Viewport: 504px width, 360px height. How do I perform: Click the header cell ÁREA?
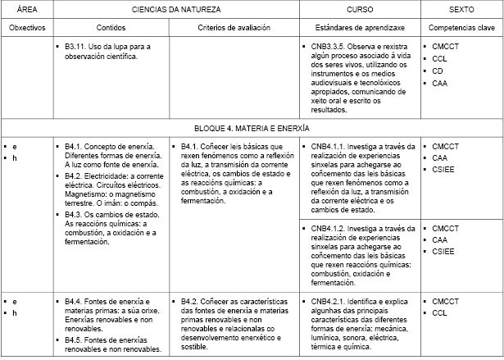[25, 10]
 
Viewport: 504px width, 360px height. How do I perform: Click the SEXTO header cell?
[461, 10]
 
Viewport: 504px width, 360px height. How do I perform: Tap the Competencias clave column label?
[461, 28]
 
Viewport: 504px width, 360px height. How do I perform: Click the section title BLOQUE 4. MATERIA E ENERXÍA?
[252, 129]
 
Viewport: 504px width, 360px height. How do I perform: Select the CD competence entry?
[437, 71]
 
